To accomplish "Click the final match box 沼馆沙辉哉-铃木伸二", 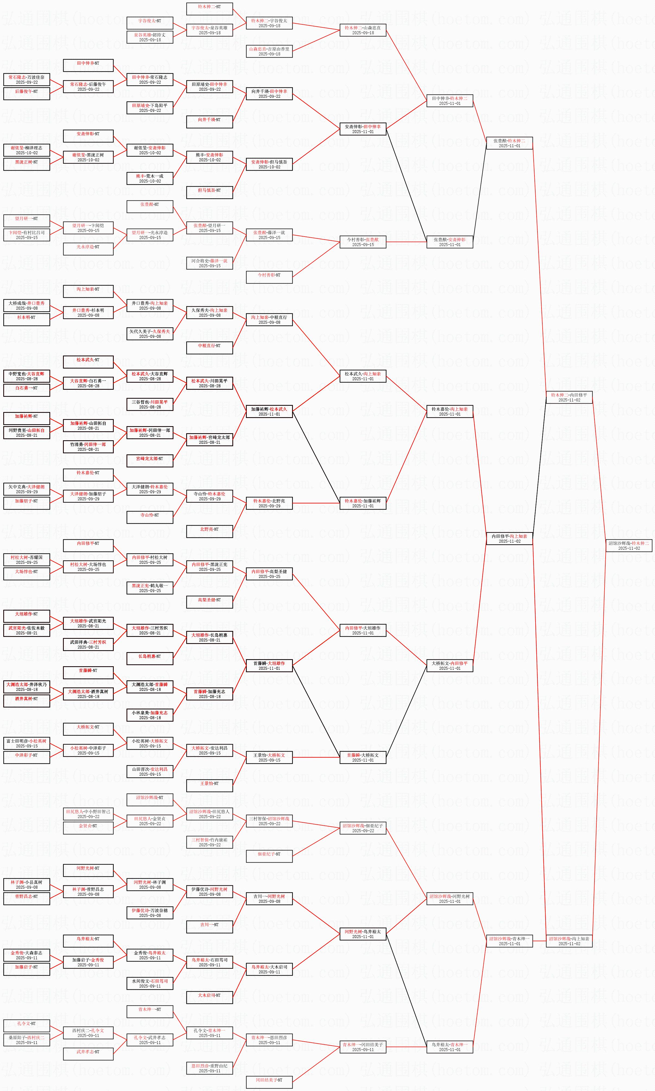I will tap(628, 545).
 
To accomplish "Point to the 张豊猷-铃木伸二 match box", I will tap(509, 143).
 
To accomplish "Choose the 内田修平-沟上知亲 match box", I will tap(509, 538).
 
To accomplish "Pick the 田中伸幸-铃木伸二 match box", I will tap(450, 101).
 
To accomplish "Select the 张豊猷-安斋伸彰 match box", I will tap(450, 242).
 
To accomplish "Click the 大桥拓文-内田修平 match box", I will tap(450, 665).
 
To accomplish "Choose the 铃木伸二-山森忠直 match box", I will tap(363, 30).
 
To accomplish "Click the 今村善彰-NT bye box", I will tap(269, 275).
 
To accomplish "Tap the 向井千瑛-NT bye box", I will tap(210, 120).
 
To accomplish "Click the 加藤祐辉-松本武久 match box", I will tap(269, 411).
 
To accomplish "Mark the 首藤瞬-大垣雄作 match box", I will tap(269, 665).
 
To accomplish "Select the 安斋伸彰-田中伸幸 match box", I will tap(363, 129).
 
